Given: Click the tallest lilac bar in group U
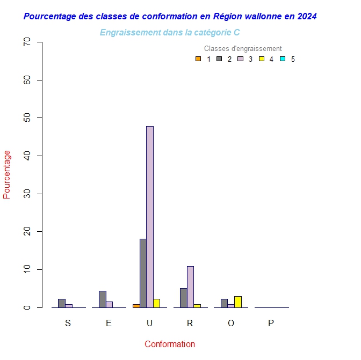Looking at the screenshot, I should tap(150, 217).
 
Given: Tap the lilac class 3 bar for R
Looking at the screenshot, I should tap(190, 286).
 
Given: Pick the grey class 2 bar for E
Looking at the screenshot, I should tap(102, 299).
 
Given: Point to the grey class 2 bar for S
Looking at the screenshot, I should tap(62, 303).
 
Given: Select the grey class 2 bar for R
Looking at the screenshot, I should tap(183, 298).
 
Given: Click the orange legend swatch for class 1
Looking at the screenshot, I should tap(198, 59).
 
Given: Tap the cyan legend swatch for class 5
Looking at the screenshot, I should tap(283, 59).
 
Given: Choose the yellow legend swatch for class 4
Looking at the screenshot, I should tap(262, 59).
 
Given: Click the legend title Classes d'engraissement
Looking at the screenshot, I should tap(243, 49).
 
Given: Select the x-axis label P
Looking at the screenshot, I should tap(271, 323).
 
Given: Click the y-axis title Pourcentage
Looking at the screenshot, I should tap(7, 174).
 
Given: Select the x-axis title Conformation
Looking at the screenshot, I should tap(170, 344).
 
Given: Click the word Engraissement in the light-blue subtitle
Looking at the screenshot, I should tap(127, 33).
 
